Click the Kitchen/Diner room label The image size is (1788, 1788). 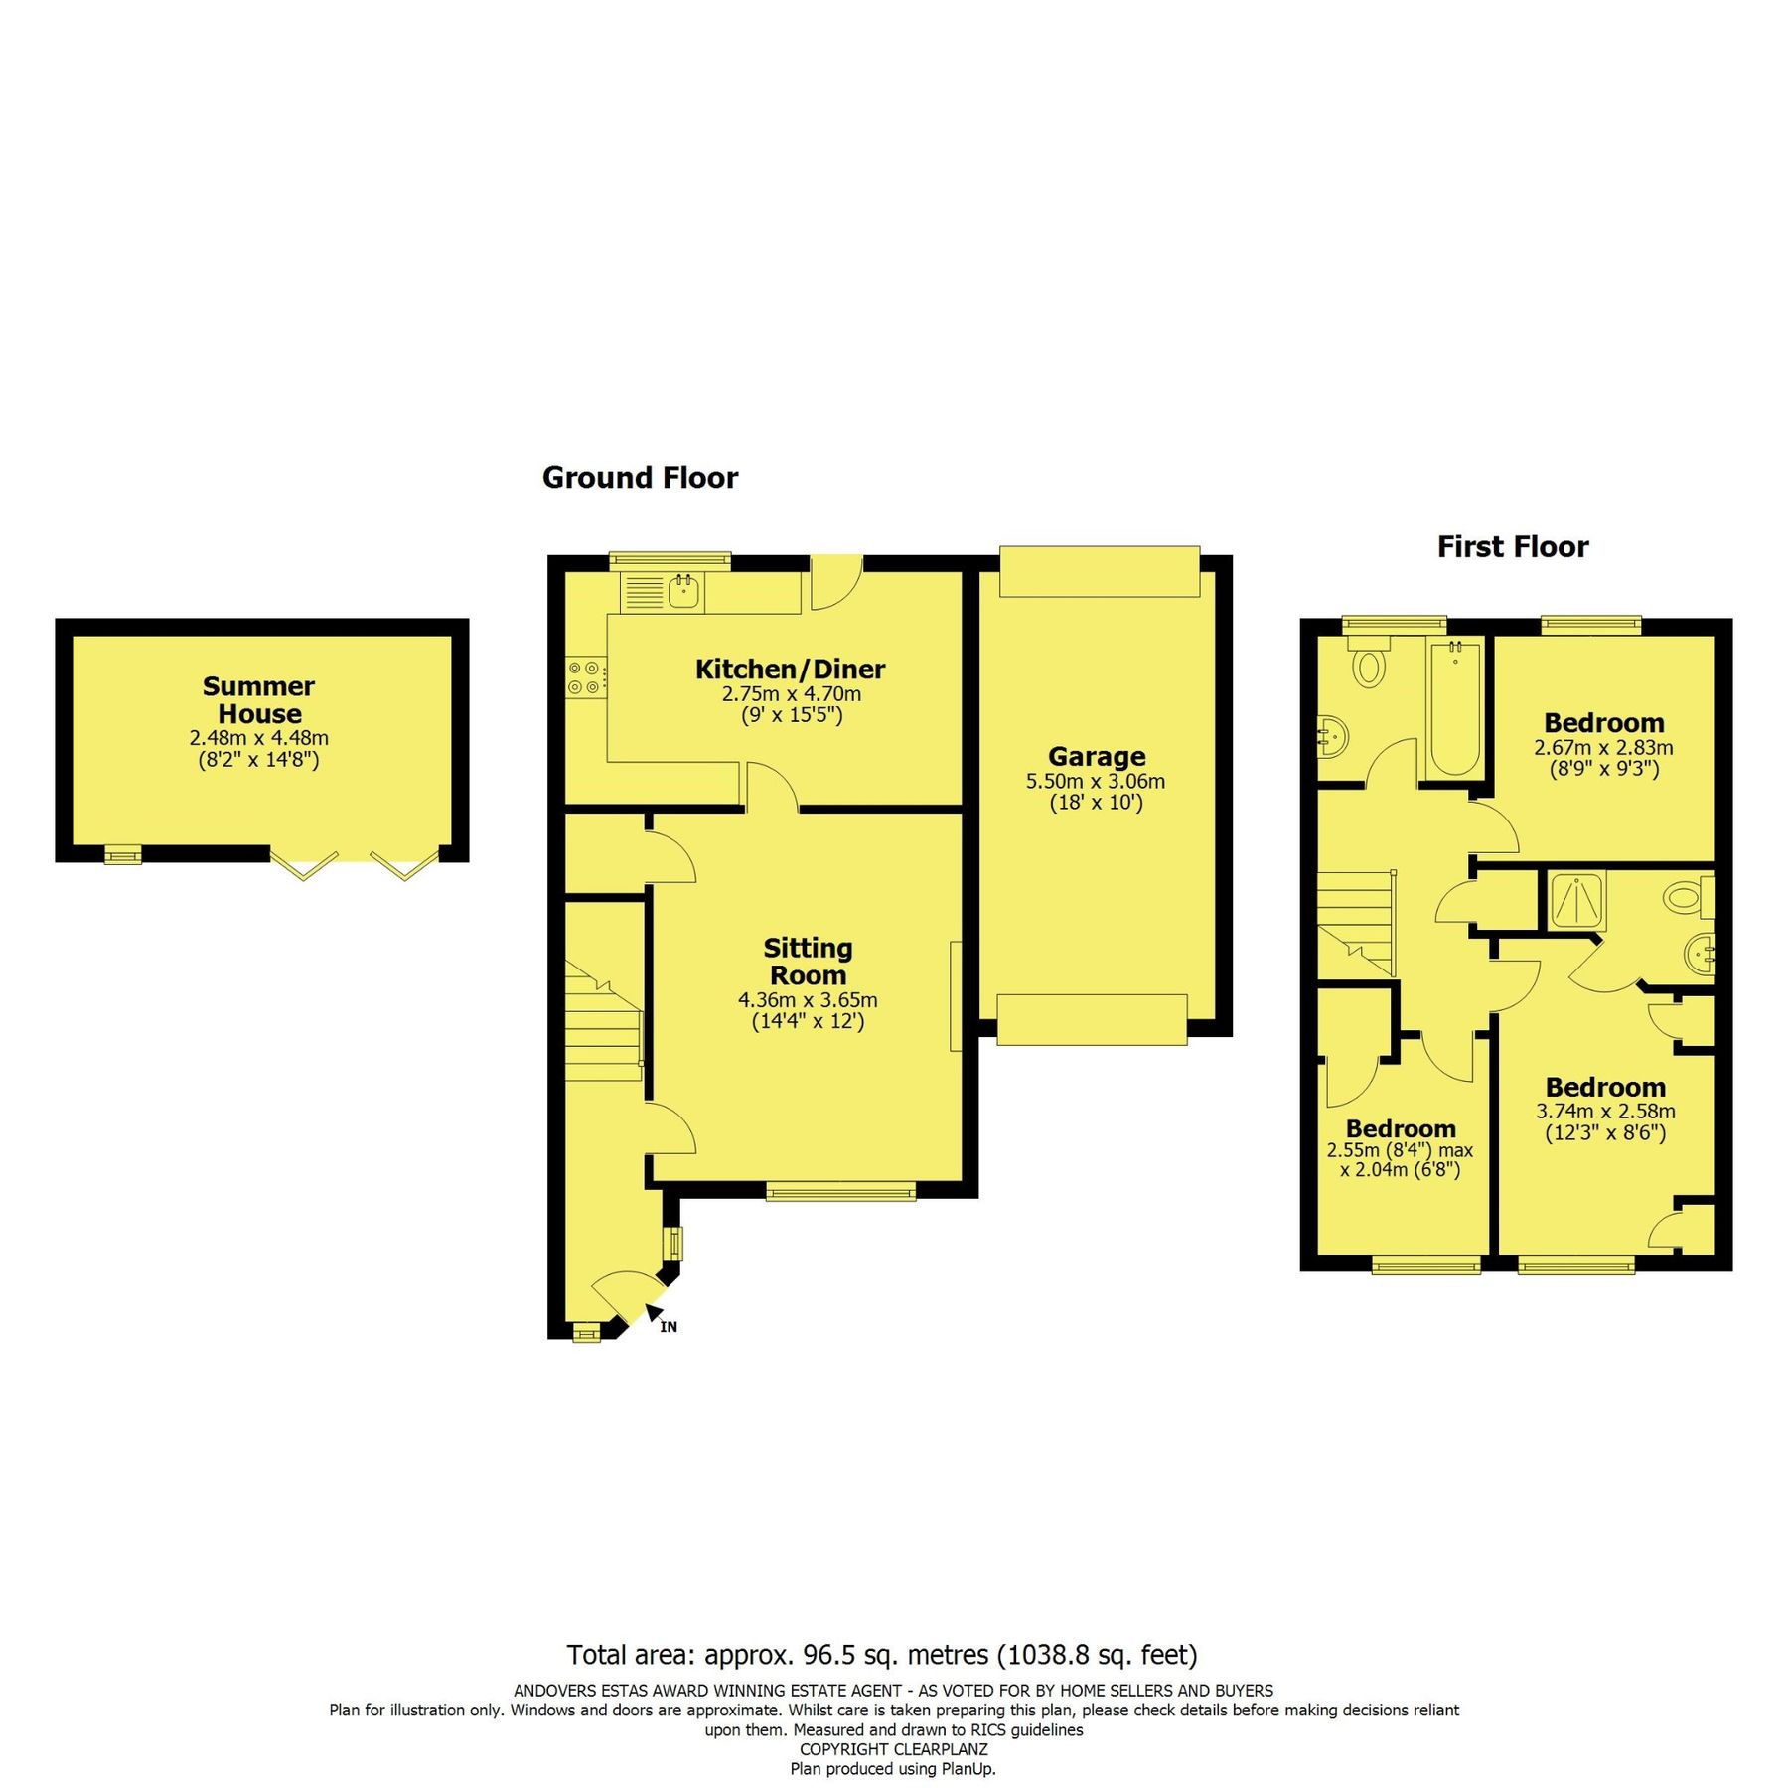pyautogui.click(x=790, y=669)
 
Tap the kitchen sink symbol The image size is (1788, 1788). pyautogui.click(x=684, y=592)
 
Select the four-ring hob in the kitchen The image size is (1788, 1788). pyautogui.click(x=584, y=677)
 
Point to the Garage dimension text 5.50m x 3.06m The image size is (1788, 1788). pyautogui.click(x=1096, y=782)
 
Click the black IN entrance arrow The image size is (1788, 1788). pyautogui.click(x=655, y=1314)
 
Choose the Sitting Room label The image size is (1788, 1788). pyautogui.click(x=808, y=962)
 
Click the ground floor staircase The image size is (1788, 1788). pyautogui.click(x=603, y=1023)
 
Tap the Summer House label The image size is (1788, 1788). pyautogui.click(x=258, y=700)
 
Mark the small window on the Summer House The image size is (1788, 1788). pyautogui.click(x=123, y=854)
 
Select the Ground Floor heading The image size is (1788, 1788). pyautogui.click(x=640, y=478)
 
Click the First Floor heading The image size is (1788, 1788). pyautogui.click(x=1513, y=547)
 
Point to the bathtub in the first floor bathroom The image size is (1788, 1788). pyautogui.click(x=1455, y=708)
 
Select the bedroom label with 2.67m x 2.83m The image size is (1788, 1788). pyautogui.click(x=1603, y=723)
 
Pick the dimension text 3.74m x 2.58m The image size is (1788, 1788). pyautogui.click(x=1605, y=1112)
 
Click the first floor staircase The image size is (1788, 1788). pyautogui.click(x=1358, y=922)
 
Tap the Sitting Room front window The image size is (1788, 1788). pyautogui.click(x=840, y=1192)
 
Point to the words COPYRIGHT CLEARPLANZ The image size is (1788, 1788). pyautogui.click(x=893, y=1749)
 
